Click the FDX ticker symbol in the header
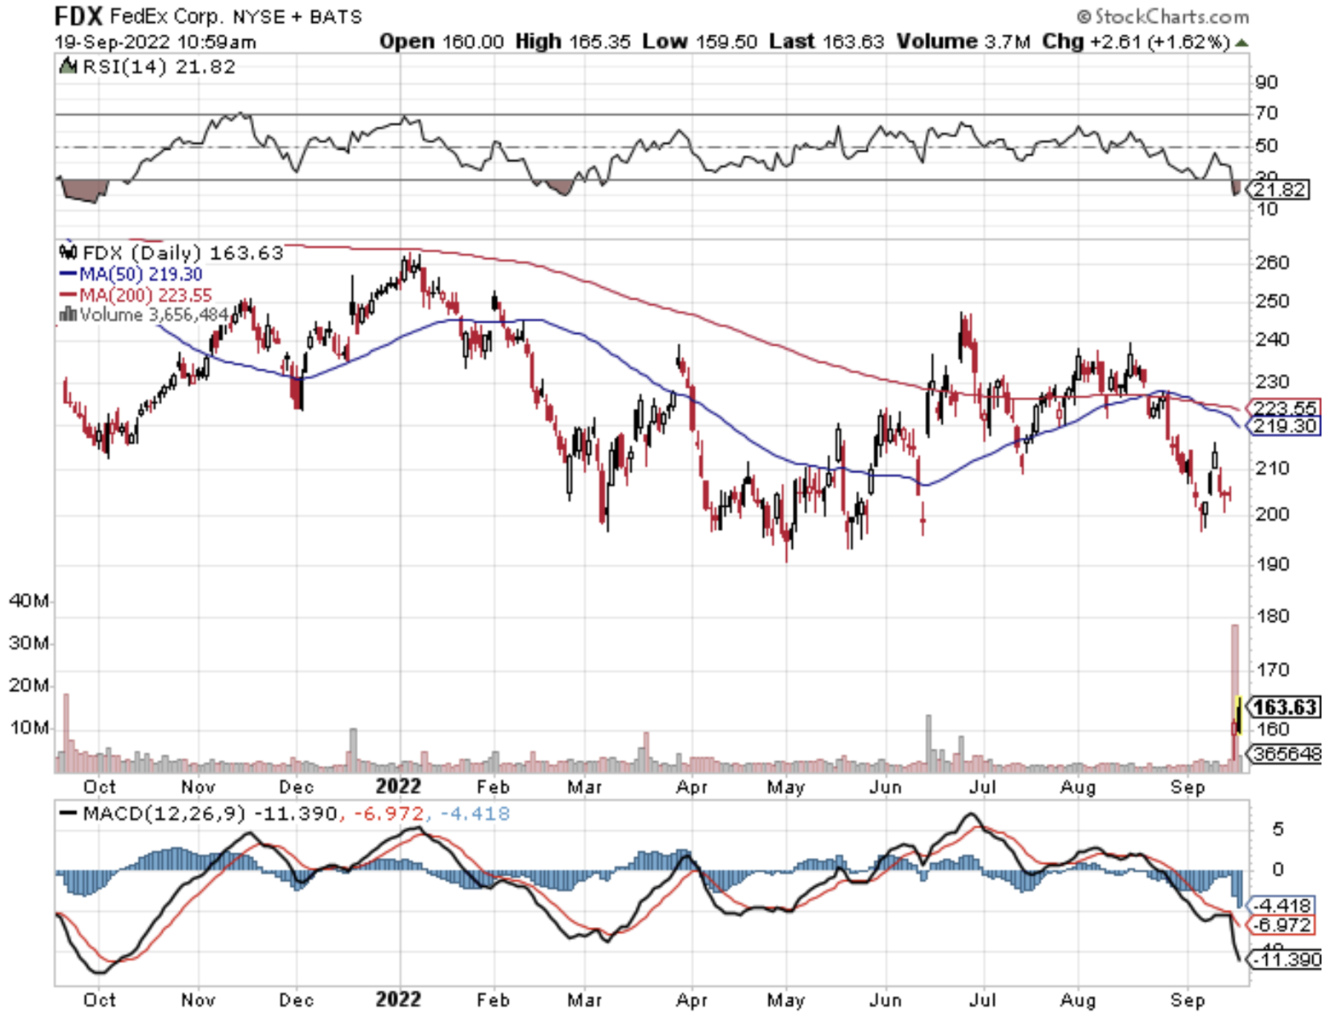(x=78, y=15)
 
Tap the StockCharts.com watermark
(x=1163, y=16)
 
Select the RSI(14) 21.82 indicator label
(x=158, y=66)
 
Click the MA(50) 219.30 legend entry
(x=132, y=274)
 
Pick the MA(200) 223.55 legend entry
(x=136, y=295)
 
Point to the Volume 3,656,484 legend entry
(x=145, y=315)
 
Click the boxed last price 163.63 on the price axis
(x=1285, y=707)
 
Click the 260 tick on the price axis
(x=1271, y=262)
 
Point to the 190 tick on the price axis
(x=1271, y=564)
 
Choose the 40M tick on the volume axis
(x=29, y=601)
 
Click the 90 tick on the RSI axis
(x=1266, y=83)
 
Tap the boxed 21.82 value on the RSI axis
(x=1281, y=189)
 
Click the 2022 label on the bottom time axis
(x=399, y=999)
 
